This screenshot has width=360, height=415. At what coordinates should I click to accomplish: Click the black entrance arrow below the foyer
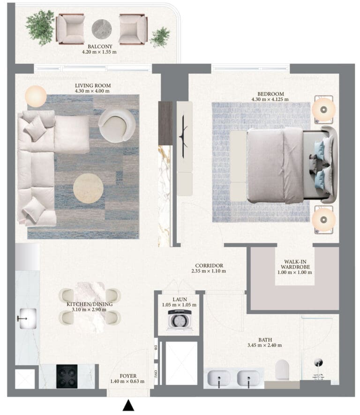coord(128,405)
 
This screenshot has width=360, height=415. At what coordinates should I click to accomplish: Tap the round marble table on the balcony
coord(102,29)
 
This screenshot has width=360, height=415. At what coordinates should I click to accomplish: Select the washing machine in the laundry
coord(180,320)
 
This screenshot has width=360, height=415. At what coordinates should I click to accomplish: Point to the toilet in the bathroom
coord(282,370)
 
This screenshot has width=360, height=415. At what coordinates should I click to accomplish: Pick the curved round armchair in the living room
coord(117,125)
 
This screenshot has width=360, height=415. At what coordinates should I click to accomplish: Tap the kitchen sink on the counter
coord(27,319)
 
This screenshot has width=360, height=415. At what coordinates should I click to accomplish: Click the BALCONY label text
coord(100,46)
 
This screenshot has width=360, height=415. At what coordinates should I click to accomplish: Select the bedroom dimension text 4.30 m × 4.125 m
coord(270,99)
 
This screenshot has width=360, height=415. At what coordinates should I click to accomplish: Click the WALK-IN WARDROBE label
coord(295,264)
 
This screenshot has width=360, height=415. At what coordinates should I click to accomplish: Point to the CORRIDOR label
coord(209,265)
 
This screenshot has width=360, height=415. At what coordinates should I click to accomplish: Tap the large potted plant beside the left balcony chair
coord(40,27)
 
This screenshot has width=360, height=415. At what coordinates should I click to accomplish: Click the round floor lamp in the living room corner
coord(36,96)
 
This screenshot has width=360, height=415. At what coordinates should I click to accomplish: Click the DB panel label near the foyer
coord(156,347)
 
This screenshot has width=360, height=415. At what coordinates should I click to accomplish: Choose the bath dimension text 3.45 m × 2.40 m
coord(264,345)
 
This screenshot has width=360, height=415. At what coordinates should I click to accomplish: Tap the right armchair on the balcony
coord(133,29)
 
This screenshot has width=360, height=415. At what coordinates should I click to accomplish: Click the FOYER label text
coord(128,376)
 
